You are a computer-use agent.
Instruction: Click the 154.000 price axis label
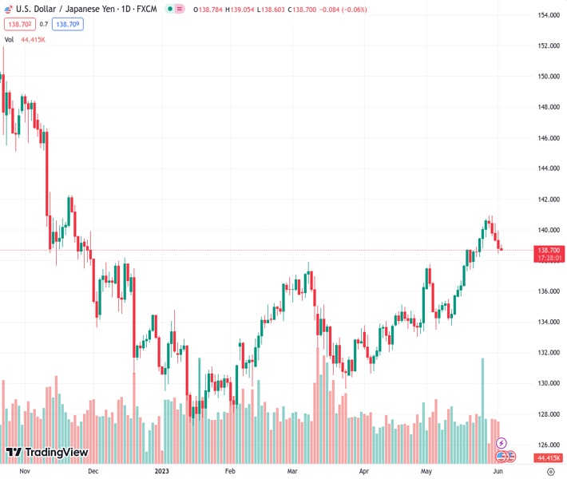547,15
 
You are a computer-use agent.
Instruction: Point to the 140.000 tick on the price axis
547,230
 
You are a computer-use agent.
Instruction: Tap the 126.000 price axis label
547,445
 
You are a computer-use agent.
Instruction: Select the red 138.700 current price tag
548,250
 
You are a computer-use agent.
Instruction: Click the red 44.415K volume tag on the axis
548,457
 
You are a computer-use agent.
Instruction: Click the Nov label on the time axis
24,471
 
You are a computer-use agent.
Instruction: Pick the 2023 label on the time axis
162,471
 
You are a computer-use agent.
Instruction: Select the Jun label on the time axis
497,471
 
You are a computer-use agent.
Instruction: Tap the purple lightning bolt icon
502,442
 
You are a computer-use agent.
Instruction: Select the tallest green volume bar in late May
482,399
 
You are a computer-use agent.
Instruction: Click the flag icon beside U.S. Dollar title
10,9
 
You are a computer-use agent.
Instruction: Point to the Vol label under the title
10,39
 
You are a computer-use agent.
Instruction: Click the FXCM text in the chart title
147,9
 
